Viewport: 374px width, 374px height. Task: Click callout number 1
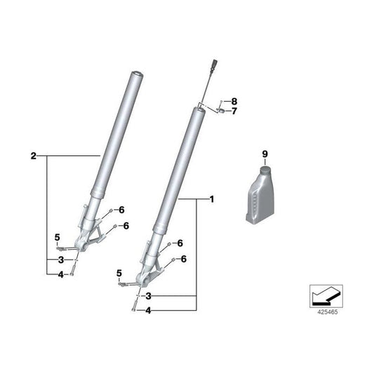(211, 199)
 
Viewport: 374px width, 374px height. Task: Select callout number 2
(34, 155)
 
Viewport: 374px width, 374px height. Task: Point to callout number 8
(235, 101)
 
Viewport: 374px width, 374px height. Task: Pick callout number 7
(235, 110)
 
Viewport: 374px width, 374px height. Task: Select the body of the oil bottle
(262, 198)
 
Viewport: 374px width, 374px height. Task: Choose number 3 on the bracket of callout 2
(61, 260)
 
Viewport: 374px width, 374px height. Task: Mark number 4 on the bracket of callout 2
(61, 274)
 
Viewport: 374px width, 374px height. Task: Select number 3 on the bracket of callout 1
(148, 296)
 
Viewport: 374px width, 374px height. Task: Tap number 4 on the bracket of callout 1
(148, 309)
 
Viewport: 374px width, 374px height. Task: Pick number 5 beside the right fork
(119, 272)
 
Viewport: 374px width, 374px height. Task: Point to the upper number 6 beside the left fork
(121, 210)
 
